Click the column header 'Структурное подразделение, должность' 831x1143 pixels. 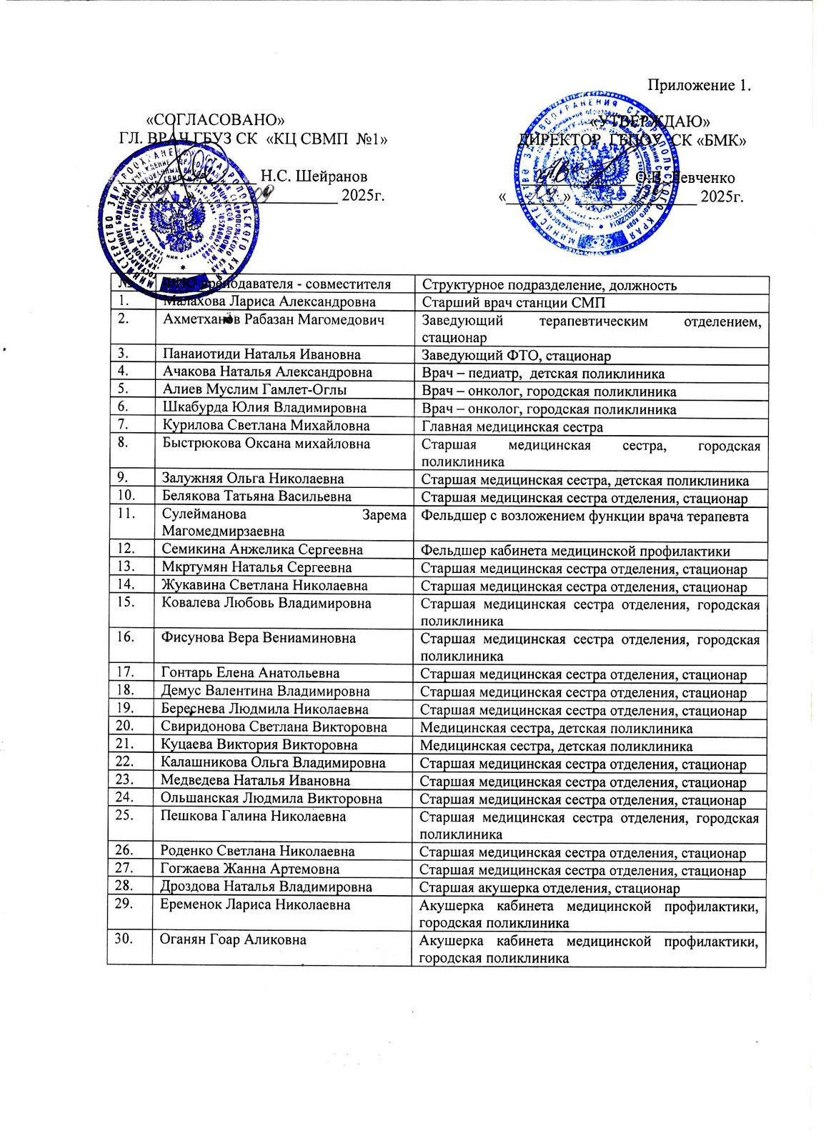[x=549, y=286]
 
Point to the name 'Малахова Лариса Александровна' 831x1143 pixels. [x=269, y=302]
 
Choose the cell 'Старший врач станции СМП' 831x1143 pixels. [x=513, y=303]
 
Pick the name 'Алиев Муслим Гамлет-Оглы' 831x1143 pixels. [x=254, y=390]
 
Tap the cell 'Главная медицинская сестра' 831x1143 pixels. [x=512, y=427]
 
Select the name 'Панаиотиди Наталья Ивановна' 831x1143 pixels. [x=262, y=354]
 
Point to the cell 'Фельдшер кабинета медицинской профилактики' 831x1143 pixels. [x=575, y=551]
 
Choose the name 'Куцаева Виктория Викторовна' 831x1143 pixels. [x=259, y=745]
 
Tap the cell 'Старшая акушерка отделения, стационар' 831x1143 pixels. [x=549, y=888]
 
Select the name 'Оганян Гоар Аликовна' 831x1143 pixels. [x=234, y=939]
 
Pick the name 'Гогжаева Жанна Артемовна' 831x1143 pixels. [x=249, y=869]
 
